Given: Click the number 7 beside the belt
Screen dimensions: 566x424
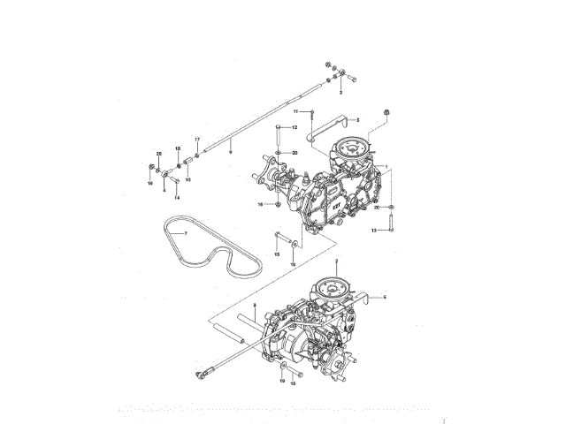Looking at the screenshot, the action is [x=186, y=233].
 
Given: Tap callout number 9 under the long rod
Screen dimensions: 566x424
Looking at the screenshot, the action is [x=230, y=153].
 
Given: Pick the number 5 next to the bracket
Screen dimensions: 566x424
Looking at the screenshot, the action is [x=358, y=119].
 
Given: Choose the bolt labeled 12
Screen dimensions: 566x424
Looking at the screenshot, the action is [x=279, y=138].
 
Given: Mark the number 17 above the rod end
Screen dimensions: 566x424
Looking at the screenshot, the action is [x=198, y=140].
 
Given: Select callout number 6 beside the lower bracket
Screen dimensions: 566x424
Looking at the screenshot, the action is [x=385, y=299].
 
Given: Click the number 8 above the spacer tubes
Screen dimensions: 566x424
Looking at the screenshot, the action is [x=254, y=305].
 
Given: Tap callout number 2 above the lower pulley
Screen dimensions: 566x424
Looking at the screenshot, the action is [x=336, y=260].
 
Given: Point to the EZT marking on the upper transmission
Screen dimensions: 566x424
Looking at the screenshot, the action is [x=336, y=201].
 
